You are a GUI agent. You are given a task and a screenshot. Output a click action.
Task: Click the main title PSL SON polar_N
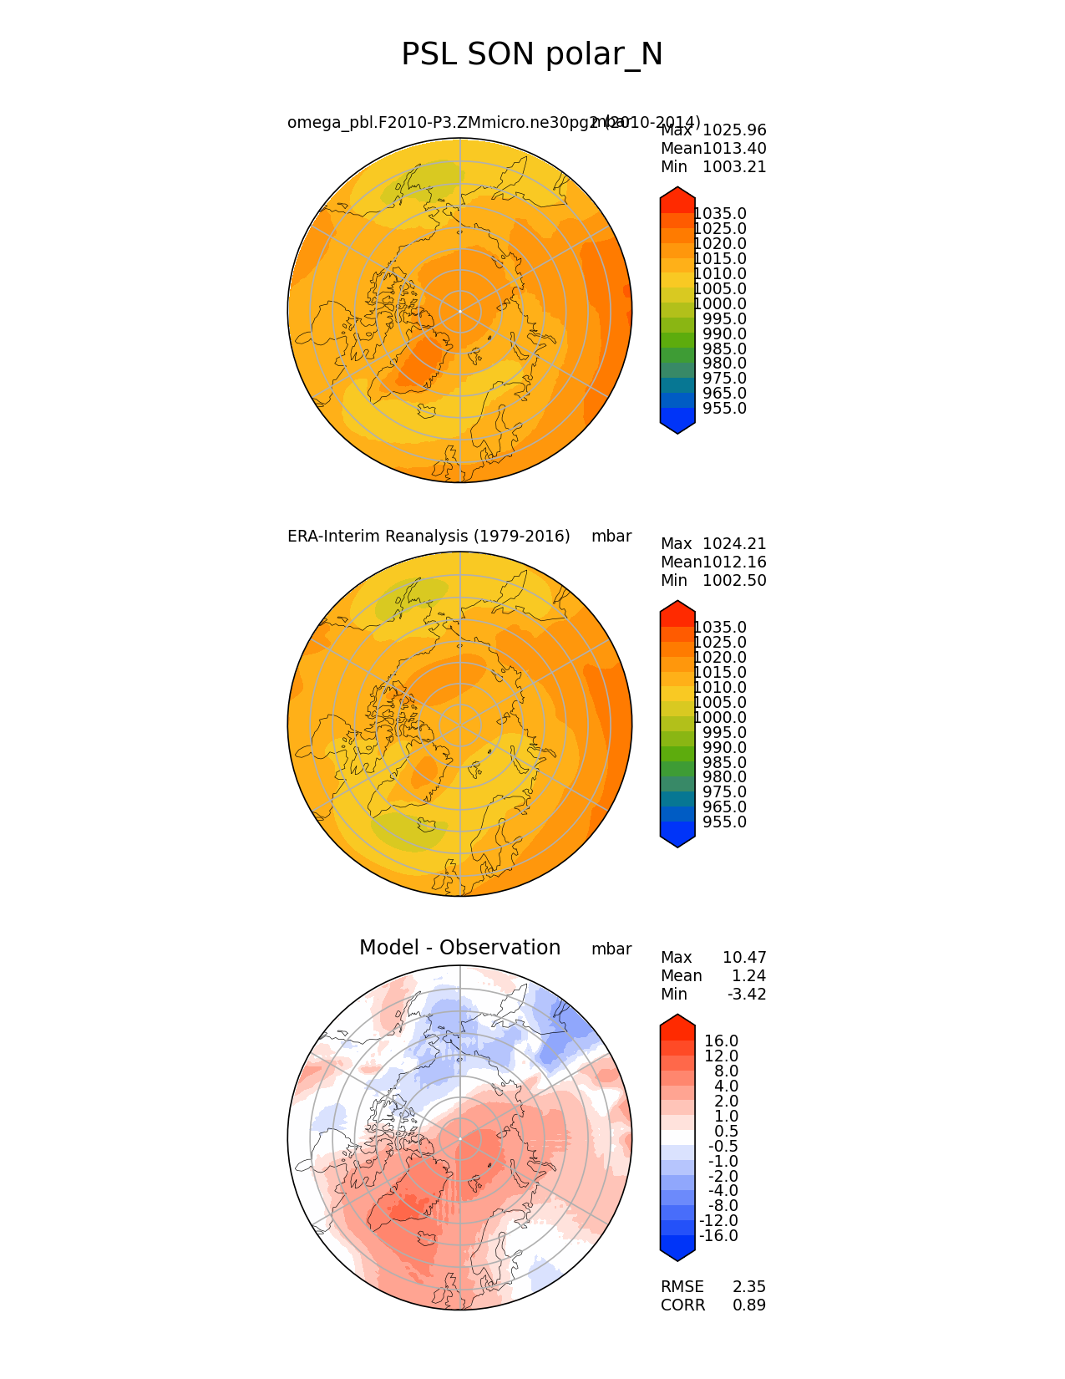[532, 54]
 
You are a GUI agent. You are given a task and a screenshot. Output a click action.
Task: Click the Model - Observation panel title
[459, 948]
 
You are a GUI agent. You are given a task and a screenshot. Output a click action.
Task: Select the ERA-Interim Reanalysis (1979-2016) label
[429, 536]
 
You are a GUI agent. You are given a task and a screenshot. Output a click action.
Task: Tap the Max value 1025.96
[734, 130]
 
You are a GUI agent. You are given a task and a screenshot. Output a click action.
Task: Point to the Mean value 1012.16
[734, 562]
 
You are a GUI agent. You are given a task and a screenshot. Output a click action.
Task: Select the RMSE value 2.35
[749, 1287]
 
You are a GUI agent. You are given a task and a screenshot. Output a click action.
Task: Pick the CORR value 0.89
[749, 1305]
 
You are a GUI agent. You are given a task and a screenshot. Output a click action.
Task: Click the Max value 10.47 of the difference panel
[743, 958]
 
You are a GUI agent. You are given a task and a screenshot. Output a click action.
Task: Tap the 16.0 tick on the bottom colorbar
[722, 1041]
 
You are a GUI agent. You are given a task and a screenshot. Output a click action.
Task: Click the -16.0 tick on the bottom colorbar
[718, 1236]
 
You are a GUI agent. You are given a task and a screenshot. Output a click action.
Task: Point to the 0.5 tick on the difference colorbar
[725, 1131]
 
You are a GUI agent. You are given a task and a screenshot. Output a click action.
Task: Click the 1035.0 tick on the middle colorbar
[720, 628]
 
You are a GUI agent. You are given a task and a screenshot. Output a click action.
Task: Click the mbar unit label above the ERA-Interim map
[611, 537]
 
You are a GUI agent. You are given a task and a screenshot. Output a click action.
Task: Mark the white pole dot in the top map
[459, 311]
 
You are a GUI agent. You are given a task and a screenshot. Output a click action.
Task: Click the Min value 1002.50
[734, 581]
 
